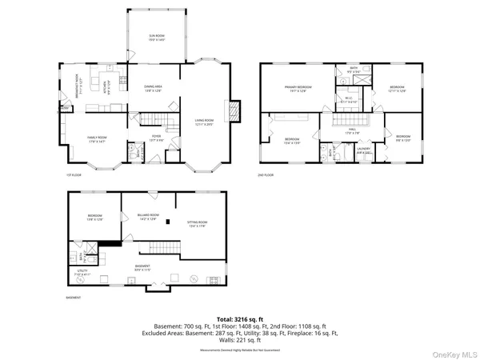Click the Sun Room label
[x=156, y=37]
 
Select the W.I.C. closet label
[x=347, y=100]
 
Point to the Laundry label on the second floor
[x=362, y=149]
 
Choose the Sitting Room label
[x=197, y=225]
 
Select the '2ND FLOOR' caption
[x=265, y=174]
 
